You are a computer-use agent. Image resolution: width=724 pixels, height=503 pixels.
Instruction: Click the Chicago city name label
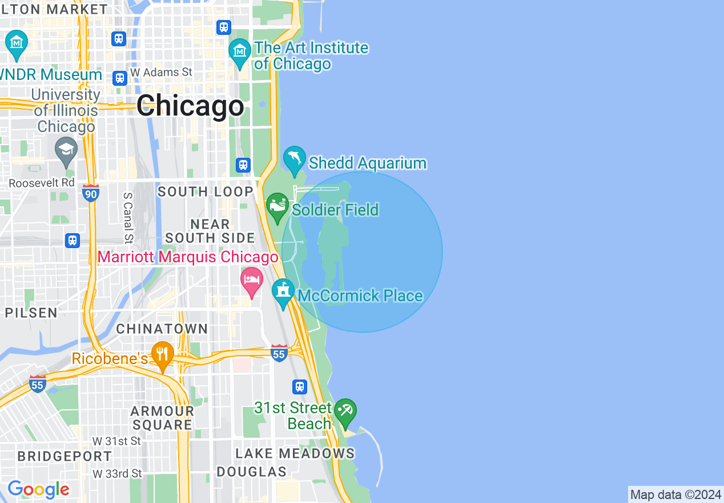tap(190, 106)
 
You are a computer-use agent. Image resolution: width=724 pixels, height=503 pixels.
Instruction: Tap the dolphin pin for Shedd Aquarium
tap(295, 159)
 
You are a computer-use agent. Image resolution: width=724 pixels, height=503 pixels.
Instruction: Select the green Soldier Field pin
tap(277, 206)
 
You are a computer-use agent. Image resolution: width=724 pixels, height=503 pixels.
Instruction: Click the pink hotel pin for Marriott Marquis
tap(251, 281)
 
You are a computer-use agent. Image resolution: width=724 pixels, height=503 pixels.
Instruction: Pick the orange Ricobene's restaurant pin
tap(163, 356)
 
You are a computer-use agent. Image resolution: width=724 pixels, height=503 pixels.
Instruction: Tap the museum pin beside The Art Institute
tap(240, 51)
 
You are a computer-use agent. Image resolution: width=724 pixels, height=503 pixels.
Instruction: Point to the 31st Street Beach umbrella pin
tap(345, 412)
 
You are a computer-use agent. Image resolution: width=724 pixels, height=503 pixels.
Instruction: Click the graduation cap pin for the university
tap(66, 151)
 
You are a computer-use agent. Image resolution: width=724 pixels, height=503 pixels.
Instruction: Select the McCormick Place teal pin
tap(283, 292)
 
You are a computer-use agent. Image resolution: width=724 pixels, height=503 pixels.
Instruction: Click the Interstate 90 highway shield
tap(90, 193)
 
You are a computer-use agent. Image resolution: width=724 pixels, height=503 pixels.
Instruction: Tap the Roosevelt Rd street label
tap(42, 183)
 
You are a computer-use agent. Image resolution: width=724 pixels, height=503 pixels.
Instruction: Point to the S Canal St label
tap(128, 218)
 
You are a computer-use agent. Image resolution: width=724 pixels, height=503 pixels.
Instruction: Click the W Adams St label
tap(161, 73)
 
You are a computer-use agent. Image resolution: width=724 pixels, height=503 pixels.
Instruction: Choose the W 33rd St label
tap(117, 474)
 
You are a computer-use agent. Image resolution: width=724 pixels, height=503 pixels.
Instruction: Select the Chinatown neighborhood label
tap(162, 329)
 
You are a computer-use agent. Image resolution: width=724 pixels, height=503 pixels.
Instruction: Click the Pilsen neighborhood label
tap(31, 313)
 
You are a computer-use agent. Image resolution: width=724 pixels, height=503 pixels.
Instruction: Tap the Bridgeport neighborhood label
tap(65, 456)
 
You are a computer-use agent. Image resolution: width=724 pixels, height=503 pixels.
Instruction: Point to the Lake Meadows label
tap(295, 454)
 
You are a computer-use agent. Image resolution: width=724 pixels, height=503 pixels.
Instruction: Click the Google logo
tap(38, 489)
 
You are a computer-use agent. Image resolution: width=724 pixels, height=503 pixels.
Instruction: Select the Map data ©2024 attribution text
tap(675, 494)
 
